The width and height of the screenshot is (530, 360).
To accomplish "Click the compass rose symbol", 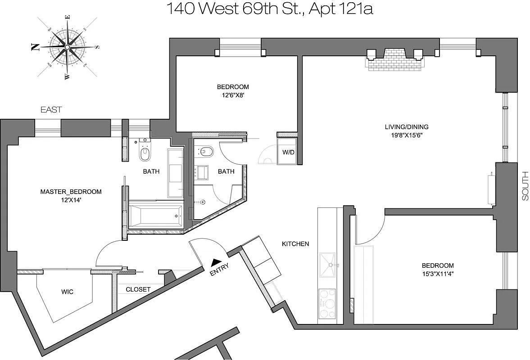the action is click(x=67, y=47).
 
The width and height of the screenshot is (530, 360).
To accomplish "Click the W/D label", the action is click(x=288, y=152).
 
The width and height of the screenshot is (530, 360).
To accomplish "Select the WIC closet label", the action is click(x=67, y=292).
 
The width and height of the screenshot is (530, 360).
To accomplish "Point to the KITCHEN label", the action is click(x=295, y=243).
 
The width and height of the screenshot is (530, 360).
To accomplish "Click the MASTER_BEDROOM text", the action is click(x=71, y=192).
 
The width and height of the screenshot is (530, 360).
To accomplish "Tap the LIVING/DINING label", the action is click(x=407, y=127).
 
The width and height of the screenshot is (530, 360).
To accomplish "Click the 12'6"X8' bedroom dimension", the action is click(x=233, y=95).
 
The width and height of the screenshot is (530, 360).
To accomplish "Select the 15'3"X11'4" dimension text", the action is click(x=438, y=274).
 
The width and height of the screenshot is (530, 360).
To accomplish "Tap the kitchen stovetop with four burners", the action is click(x=327, y=304).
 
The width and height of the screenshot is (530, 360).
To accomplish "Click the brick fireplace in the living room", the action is click(x=394, y=60).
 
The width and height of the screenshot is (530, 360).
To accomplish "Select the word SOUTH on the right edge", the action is click(x=525, y=186).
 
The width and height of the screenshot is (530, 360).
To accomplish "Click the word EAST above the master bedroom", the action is click(x=51, y=109).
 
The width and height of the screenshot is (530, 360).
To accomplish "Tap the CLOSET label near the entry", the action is click(x=138, y=289).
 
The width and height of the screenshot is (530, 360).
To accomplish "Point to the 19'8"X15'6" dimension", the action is click(x=407, y=135).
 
